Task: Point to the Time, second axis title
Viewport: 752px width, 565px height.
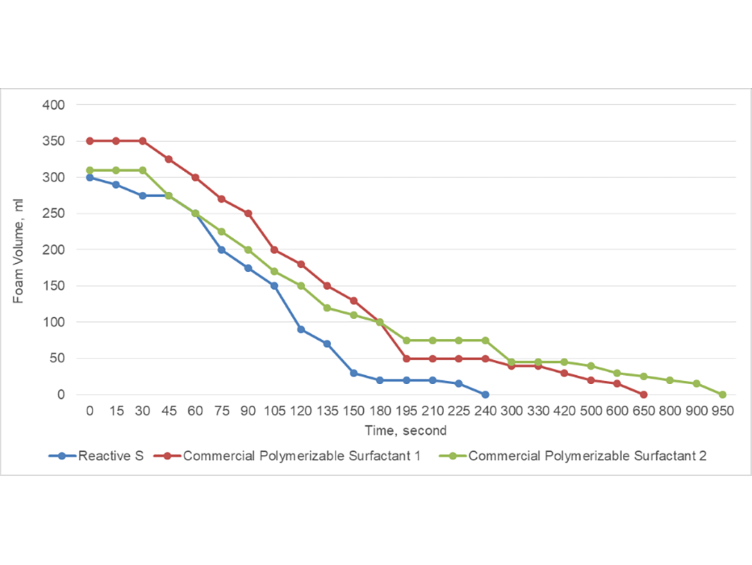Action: [x=406, y=431]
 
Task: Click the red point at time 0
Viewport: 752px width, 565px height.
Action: [x=90, y=141]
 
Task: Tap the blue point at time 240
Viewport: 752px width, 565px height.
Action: [x=485, y=394]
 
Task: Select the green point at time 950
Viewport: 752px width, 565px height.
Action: [x=722, y=394]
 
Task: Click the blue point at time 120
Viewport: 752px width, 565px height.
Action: [x=301, y=329]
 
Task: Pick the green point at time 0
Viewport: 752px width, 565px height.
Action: [x=90, y=171]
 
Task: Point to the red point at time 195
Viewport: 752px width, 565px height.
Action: [x=406, y=358]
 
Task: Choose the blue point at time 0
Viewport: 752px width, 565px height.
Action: [x=90, y=178]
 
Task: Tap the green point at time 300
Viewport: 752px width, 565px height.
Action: [x=512, y=362]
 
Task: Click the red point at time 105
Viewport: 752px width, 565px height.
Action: [x=274, y=250]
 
